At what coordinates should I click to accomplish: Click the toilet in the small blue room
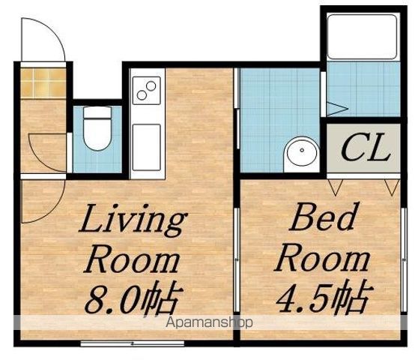[97, 128]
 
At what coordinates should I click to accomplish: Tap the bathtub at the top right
[363, 37]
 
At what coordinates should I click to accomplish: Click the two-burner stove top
[147, 90]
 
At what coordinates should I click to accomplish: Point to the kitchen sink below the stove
[147, 147]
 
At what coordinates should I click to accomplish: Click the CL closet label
[365, 148]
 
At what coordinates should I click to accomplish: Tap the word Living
[133, 220]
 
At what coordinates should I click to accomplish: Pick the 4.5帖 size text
[324, 296]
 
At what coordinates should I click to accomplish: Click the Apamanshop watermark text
[209, 322]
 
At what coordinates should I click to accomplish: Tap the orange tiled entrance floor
[43, 82]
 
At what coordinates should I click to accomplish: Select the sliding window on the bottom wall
[133, 343]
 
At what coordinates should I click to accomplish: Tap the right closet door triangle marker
[392, 187]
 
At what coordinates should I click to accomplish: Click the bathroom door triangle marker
[336, 108]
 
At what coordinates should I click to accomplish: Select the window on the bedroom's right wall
[404, 260]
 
